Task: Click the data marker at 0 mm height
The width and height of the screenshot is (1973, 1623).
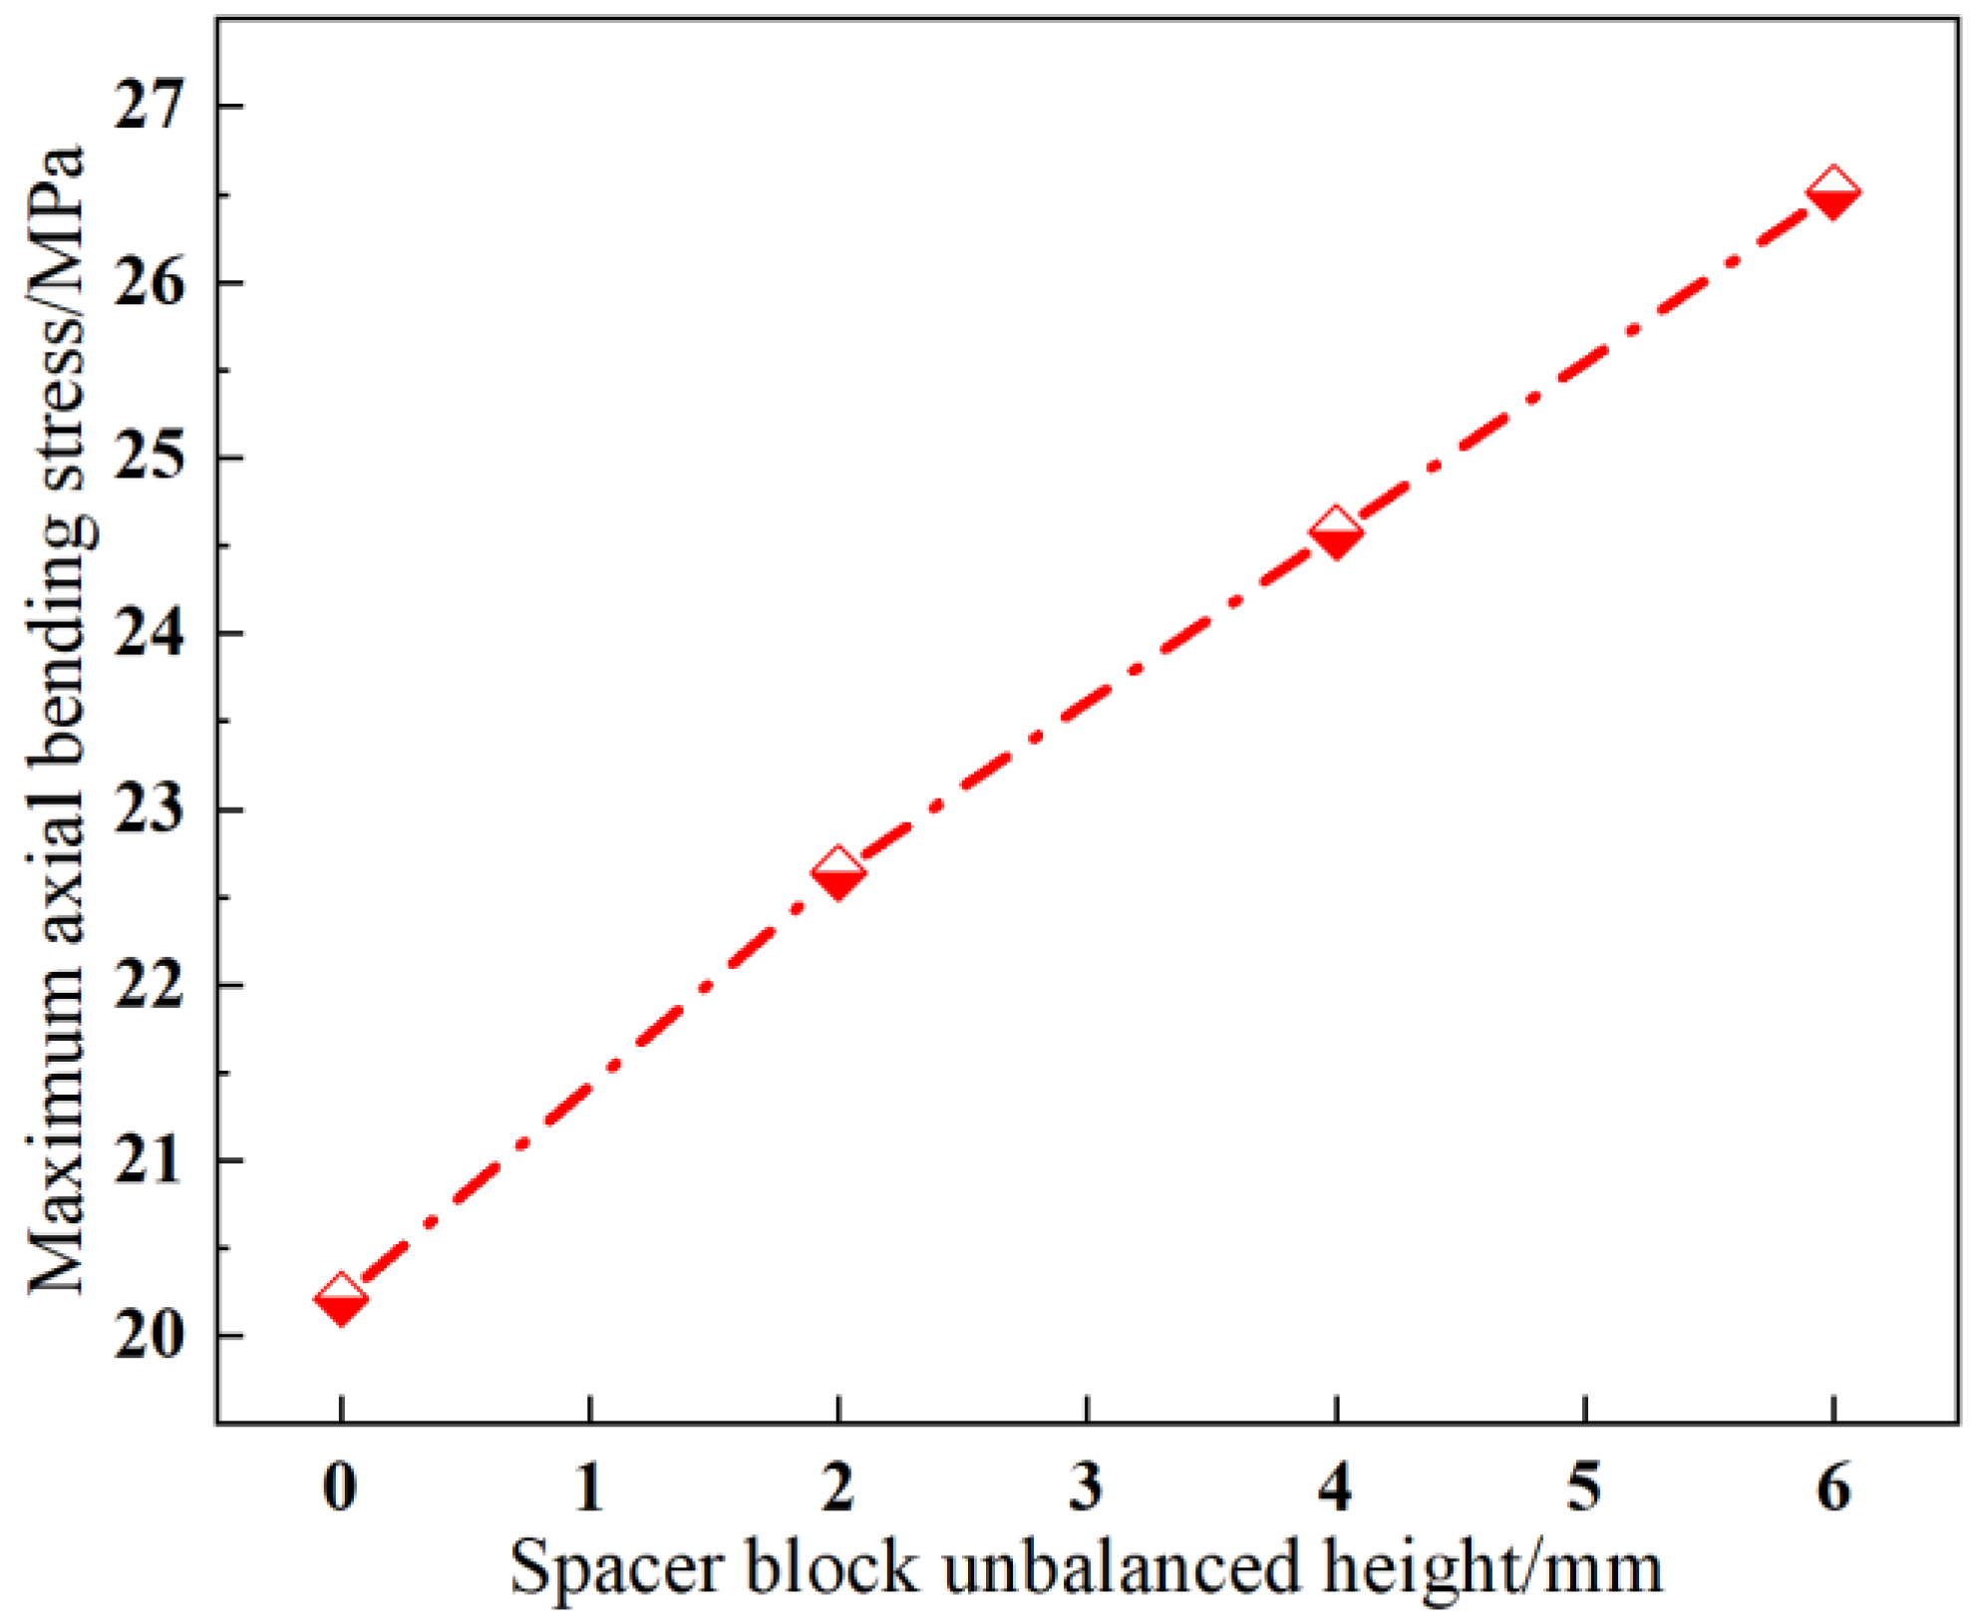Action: pos(340,1299)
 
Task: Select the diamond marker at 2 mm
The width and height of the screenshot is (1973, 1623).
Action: pos(837,874)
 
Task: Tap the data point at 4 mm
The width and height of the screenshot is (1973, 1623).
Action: pos(1335,532)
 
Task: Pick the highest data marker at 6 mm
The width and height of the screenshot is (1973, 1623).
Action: pos(1832,192)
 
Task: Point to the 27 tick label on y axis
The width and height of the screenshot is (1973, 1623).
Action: pos(150,106)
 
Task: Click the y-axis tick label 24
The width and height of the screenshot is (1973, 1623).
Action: pos(150,633)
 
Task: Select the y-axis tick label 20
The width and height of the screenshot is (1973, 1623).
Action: pos(150,1336)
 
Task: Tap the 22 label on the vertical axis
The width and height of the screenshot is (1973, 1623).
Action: pos(150,985)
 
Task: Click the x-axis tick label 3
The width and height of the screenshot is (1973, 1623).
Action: pos(1086,1487)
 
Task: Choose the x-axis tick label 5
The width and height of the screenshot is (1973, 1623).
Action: pos(1583,1487)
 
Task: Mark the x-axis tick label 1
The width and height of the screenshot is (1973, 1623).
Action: pos(589,1487)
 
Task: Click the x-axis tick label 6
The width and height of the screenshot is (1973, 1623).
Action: pos(1832,1487)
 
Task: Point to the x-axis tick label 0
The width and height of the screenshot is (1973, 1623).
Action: pos(340,1487)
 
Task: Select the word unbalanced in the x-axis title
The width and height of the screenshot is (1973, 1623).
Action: pos(1123,1567)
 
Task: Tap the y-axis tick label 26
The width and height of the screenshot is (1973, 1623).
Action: pos(150,282)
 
